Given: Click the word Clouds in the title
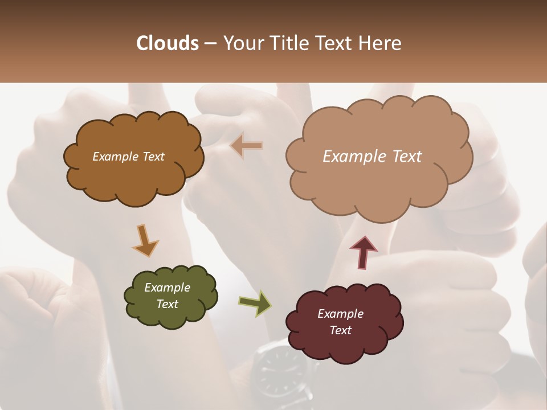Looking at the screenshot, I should pos(168,43).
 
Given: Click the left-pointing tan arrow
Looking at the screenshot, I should pos(247,146).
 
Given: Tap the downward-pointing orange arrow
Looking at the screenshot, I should pos(145,240).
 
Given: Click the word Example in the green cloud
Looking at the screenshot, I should pos(167,288).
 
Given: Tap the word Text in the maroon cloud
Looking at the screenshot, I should pos(340,330).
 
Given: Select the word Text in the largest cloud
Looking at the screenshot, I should pos(402,157).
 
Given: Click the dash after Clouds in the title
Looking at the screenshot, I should pos(210,43).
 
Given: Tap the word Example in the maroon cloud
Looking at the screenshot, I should pos(340,314).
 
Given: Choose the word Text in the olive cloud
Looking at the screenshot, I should pos(167,304).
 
